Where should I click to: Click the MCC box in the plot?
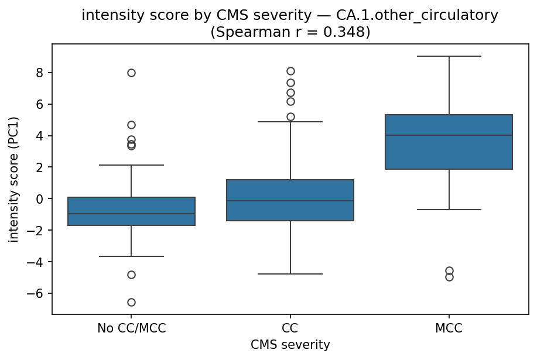click(x=449, y=152)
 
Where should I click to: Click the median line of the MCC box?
click(x=449, y=135)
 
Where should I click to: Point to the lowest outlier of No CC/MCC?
click(x=131, y=302)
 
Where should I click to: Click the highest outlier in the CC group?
click(x=290, y=71)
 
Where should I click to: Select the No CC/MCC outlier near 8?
click(x=131, y=73)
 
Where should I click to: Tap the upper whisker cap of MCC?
click(x=449, y=56)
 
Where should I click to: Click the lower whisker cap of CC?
click(x=290, y=274)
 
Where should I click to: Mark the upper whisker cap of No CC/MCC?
click(x=131, y=165)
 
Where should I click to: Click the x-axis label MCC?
click(x=449, y=328)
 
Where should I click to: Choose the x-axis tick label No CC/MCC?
click(x=131, y=328)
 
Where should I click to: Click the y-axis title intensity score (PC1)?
click(x=13, y=179)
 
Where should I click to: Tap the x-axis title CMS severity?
click(x=290, y=345)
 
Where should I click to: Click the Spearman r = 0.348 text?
click(x=290, y=32)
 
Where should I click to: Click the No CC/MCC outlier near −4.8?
click(x=131, y=275)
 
